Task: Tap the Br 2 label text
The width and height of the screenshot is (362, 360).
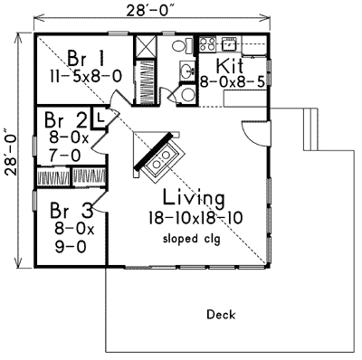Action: click(63, 119)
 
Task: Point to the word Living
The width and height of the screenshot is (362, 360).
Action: click(194, 197)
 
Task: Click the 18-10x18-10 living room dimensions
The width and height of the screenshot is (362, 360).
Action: click(193, 219)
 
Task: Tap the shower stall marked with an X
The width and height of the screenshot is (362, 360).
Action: click(145, 47)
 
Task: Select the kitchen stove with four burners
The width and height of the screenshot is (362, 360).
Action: click(205, 43)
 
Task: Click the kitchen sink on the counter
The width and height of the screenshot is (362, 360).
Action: click(229, 43)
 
